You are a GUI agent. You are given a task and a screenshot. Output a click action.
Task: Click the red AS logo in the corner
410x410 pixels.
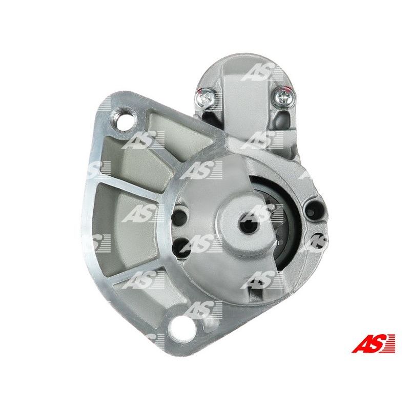[x=374, y=343]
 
